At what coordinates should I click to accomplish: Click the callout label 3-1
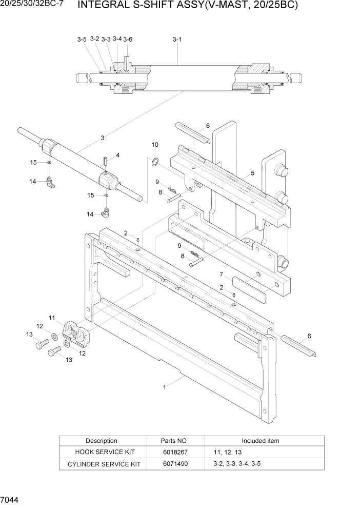tap(177, 39)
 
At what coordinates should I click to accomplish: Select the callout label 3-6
tap(128, 40)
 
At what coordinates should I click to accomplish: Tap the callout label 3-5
tap(82, 40)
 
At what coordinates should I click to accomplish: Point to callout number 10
tap(155, 145)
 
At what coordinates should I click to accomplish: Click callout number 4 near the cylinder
tap(117, 154)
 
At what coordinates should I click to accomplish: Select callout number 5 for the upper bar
tap(252, 174)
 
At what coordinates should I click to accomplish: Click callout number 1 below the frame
tap(164, 387)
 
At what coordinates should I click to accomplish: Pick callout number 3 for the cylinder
tap(103, 138)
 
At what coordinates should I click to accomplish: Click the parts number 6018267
tap(175, 452)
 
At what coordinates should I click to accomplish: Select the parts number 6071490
tap(175, 464)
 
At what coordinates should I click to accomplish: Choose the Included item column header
tap(261, 441)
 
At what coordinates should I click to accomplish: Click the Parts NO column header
tap(175, 441)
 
